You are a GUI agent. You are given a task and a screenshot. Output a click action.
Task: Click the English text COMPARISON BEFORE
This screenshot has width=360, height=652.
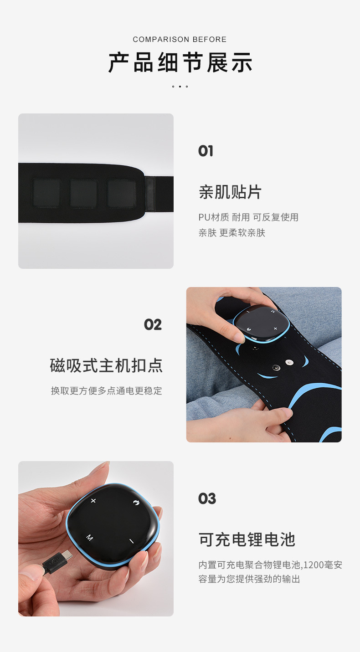pyautogui.click(x=180, y=40)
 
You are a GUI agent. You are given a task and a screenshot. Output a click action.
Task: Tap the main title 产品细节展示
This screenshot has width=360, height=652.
pyautogui.click(x=180, y=62)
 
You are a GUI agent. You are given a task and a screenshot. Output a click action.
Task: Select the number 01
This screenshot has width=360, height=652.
pyautogui.click(x=206, y=151)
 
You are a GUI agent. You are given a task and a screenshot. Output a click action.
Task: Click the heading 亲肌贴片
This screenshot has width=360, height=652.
pyautogui.click(x=230, y=192)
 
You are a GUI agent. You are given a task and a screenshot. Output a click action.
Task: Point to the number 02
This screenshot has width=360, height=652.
pyautogui.click(x=153, y=324)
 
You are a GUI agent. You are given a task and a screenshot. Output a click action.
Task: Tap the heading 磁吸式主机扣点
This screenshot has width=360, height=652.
pyautogui.click(x=106, y=365)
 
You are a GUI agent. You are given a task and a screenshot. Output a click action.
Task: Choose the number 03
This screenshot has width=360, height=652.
pyautogui.click(x=207, y=498)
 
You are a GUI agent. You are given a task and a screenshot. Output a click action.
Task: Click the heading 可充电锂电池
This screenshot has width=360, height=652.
pyautogui.click(x=247, y=539)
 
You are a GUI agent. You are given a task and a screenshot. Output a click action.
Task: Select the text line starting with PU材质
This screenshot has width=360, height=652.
pyautogui.click(x=248, y=217)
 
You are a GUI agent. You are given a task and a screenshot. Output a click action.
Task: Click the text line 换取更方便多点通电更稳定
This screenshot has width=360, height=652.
pyautogui.click(x=106, y=390)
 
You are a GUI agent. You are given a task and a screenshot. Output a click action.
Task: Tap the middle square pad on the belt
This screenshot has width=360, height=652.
pyautogui.click(x=84, y=193)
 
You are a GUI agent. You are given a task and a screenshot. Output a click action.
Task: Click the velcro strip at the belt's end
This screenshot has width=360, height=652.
pyautogui.click(x=150, y=194)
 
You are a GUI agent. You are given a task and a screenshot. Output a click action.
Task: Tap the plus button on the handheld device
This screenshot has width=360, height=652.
pyautogui.click(x=93, y=501)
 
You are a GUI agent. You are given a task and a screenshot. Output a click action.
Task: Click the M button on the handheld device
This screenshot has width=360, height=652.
pyautogui.click(x=89, y=538)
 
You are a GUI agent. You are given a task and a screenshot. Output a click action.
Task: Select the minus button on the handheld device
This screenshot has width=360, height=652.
pyautogui.click(x=131, y=541)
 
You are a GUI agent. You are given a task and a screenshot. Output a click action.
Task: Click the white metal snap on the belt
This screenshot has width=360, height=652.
pyautogui.click(x=288, y=363)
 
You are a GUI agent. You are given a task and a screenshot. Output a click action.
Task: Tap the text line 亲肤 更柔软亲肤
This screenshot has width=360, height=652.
pyautogui.click(x=231, y=233)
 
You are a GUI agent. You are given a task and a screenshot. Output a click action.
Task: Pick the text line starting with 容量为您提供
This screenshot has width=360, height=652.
pyautogui.click(x=249, y=579)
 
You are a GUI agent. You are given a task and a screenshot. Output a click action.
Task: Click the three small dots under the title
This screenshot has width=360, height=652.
pyautogui.click(x=180, y=86)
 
